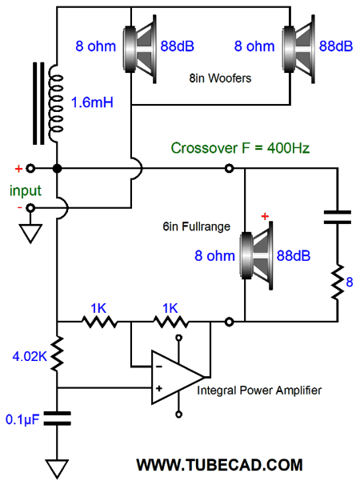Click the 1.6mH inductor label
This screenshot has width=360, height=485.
[x=92, y=102]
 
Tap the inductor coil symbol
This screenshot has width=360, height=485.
[x=56, y=104]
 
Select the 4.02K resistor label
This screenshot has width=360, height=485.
[x=30, y=356]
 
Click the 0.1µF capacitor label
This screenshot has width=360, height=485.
[x=22, y=419]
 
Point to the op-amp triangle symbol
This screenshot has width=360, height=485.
[x=178, y=377]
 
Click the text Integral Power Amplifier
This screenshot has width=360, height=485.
[x=259, y=391]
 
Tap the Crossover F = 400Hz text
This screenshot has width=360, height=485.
[x=240, y=148]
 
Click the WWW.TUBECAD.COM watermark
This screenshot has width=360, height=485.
[x=219, y=465]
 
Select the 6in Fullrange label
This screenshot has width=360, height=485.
[x=196, y=226]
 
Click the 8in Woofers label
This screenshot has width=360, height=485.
[x=220, y=78]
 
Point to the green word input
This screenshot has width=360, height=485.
[x=26, y=190]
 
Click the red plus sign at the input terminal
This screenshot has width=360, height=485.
[x=19, y=169]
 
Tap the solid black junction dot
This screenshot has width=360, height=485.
[x=58, y=169]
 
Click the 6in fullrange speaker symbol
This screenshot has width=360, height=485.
[x=256, y=255]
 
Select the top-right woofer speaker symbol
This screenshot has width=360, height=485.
[x=298, y=49]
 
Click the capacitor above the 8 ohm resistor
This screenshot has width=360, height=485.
[x=337, y=217]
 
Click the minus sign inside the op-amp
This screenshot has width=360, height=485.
[x=159, y=367]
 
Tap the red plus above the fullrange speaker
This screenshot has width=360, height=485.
[x=265, y=216]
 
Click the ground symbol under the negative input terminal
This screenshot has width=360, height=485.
[x=30, y=234]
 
